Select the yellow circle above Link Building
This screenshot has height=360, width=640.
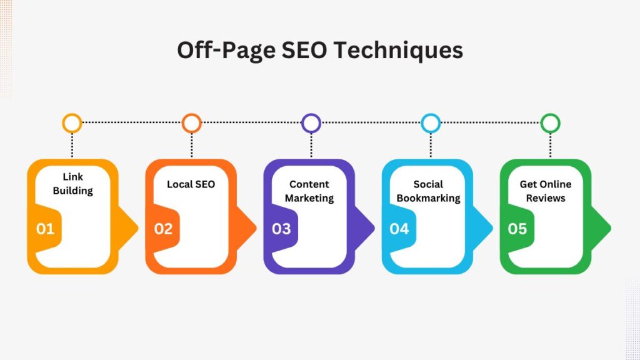click(72, 122)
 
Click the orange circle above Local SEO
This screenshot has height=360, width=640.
click(191, 122)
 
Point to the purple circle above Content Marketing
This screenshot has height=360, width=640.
click(311, 122)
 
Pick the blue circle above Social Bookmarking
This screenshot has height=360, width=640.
click(431, 122)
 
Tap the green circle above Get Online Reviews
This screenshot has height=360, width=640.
click(550, 122)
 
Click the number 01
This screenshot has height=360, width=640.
click(45, 229)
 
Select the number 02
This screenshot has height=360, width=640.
click(163, 229)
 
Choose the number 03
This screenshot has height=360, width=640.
click(281, 229)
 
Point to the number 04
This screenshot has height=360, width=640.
click(399, 229)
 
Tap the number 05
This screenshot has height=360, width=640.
click(517, 229)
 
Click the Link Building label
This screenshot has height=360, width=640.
click(72, 184)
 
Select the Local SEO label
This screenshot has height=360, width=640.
click(191, 184)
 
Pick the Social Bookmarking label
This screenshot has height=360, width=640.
click(428, 191)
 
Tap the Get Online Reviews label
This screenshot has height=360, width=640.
click(546, 191)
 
